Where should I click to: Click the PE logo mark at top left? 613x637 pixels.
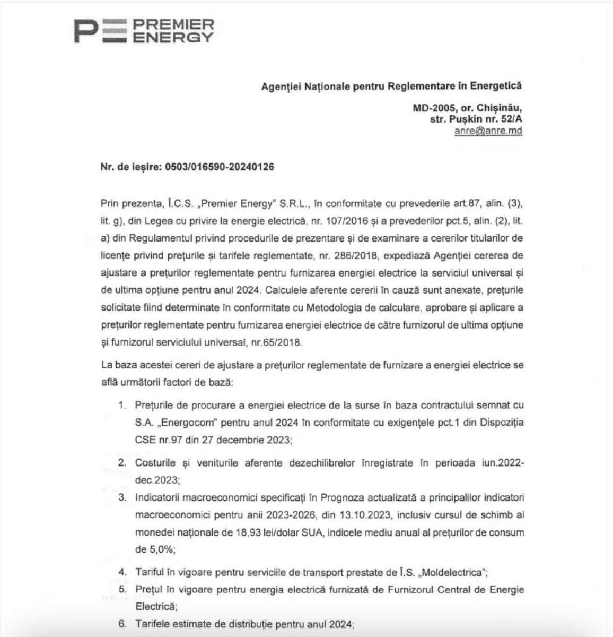coord(100,31)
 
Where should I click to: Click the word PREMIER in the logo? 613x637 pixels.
coord(173,25)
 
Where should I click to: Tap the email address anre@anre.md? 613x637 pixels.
coord(488,131)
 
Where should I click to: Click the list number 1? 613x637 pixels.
coord(122,405)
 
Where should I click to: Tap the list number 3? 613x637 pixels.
coord(122,497)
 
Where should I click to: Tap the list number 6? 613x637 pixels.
coord(122,624)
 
